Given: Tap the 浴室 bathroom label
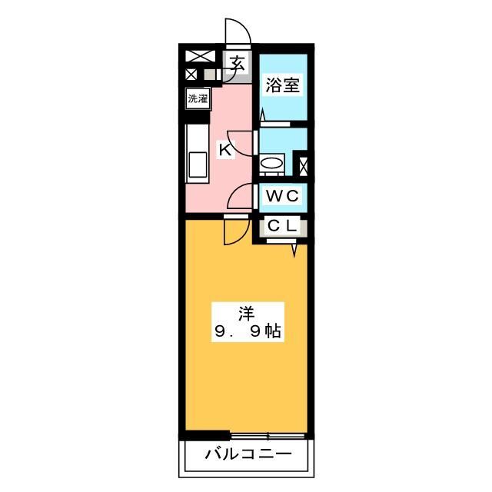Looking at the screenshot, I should tap(282, 85).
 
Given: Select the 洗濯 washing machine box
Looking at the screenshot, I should tap(198, 98).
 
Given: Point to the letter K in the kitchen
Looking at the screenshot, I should tap(225, 150).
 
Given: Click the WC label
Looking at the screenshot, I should tap(281, 197).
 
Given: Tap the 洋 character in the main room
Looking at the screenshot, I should tap(246, 313).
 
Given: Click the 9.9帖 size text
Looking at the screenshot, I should tap(246, 333).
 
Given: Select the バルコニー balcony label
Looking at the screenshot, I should tap(248, 455).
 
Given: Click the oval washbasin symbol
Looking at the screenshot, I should tap(271, 163).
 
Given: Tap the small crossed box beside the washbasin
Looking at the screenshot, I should tap(303, 165).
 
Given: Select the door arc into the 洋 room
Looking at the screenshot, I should tap(238, 230).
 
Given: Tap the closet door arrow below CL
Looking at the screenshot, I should tap(293, 249).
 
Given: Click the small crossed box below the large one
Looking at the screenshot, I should tap(191, 75).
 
